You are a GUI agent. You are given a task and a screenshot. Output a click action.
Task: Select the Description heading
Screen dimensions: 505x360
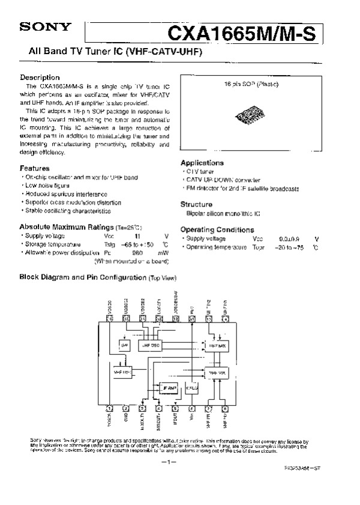tap(40, 77)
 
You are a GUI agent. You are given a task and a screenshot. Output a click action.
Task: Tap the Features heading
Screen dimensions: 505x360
tap(35, 168)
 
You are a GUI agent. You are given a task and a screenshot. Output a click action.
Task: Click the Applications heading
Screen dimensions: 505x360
tap(202, 163)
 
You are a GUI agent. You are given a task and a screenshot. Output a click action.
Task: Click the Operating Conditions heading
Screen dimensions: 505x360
tap(217, 230)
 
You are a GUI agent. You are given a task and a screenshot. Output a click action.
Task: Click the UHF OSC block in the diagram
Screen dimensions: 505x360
tap(150, 346)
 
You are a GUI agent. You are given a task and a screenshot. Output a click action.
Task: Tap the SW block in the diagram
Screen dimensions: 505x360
tap(125, 346)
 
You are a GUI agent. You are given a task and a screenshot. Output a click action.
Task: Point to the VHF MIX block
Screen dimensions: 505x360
tap(216, 373)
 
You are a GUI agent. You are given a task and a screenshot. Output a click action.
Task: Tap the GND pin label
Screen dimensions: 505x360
tap(125, 419)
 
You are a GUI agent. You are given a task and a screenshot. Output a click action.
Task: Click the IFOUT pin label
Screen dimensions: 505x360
tap(175, 420)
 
